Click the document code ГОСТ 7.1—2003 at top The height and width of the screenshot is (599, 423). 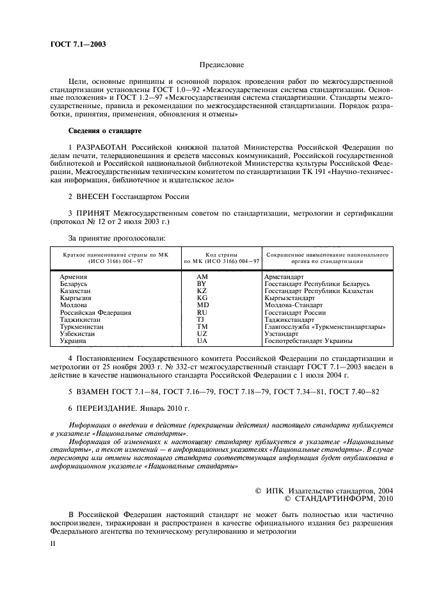pos(77,45)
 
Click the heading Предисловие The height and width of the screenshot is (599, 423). pos(221,65)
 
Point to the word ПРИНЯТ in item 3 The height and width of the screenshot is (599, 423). pos(96,212)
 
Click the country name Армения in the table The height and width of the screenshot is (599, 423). pos(73,276)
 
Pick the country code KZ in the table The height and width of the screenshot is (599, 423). pos(202,291)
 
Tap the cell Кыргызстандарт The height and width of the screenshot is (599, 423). pos(289,298)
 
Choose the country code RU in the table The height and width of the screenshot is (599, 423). pos(202,312)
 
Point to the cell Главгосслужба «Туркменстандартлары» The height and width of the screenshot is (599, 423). pos(324,327)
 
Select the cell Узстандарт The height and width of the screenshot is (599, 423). pos(281,334)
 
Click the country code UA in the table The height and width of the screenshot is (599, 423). pos(202,341)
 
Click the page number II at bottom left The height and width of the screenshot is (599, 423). pos(53,542)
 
